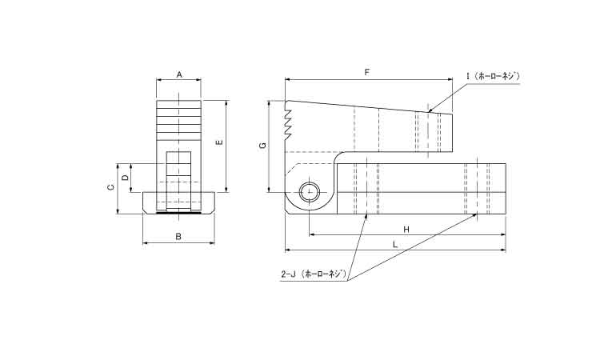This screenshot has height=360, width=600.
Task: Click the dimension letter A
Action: point(179,74)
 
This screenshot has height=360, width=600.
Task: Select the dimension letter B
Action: point(178,237)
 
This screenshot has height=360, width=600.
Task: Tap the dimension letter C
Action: point(110,187)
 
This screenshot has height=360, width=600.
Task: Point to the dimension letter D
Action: point(125,178)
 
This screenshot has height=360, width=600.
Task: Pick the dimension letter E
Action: point(219,142)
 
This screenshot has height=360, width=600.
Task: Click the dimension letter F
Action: point(367,72)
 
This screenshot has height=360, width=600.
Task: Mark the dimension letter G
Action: point(262,146)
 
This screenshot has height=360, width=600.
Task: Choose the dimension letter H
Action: point(406,229)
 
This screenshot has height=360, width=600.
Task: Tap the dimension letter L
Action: point(395,244)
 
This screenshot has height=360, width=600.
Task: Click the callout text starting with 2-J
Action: point(314,274)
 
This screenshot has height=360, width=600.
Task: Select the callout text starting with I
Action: point(493,76)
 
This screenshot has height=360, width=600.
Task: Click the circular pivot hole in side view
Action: point(309,192)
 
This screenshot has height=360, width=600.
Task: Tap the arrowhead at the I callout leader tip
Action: point(430,110)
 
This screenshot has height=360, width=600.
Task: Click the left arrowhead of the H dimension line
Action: point(311,234)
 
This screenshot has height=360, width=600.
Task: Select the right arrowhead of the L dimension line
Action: point(503,250)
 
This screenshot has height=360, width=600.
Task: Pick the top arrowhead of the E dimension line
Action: point(227,103)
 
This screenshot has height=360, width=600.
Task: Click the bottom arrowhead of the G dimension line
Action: point(270,189)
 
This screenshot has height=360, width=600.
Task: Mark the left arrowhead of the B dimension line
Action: point(146,243)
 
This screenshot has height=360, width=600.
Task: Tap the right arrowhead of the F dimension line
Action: point(450,80)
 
